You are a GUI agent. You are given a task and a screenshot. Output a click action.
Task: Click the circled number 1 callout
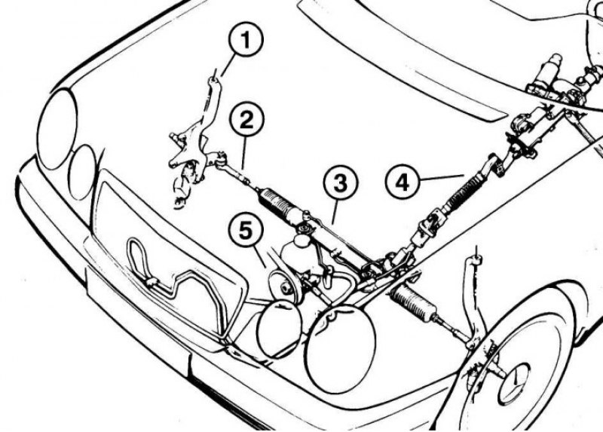click(246, 39)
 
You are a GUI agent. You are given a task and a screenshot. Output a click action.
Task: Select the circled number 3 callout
click(341, 182)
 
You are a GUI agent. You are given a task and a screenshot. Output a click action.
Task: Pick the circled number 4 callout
click(403, 182)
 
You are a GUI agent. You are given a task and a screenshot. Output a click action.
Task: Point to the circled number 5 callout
click(246, 231)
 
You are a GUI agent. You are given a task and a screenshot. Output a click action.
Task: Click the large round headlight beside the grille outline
click(340, 348)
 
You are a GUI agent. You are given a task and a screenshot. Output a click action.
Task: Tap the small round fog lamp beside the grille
click(279, 329)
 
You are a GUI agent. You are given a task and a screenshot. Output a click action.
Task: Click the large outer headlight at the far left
click(58, 128)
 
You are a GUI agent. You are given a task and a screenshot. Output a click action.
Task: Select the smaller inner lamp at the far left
click(82, 172)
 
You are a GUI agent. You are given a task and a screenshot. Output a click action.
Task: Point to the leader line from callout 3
click(335, 212)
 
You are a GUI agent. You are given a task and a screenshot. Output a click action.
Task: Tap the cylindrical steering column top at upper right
click(550, 71)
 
